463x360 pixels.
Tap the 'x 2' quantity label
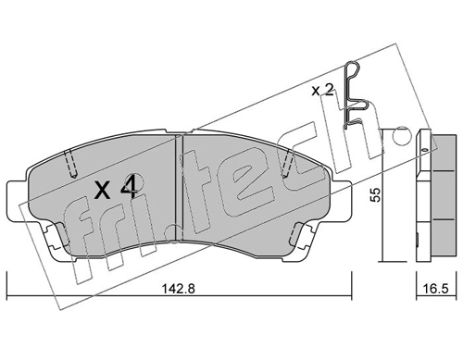322,91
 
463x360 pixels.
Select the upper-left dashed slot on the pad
71,161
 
